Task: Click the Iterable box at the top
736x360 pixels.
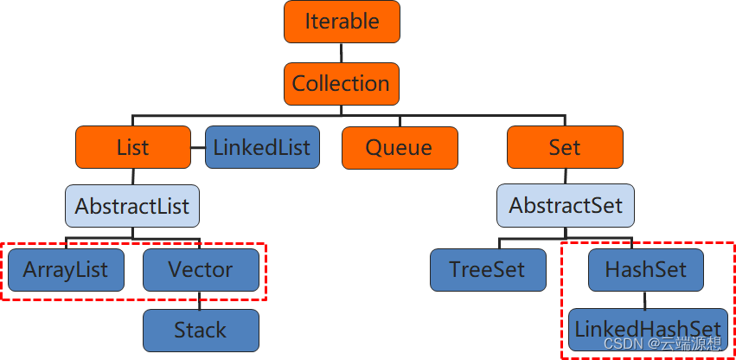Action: (x=342, y=22)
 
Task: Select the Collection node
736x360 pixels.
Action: (x=341, y=84)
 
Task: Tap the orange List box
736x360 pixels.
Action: (x=132, y=147)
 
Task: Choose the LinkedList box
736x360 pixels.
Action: (x=263, y=146)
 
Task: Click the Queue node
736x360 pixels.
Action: (x=399, y=147)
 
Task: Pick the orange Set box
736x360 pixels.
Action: (x=564, y=147)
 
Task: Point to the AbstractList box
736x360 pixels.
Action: (x=132, y=207)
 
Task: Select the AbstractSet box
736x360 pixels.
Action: (x=566, y=207)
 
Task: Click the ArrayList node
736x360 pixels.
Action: (x=66, y=269)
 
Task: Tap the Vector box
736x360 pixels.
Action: (x=201, y=269)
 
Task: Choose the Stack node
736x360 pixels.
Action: (x=201, y=330)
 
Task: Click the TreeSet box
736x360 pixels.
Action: (x=488, y=269)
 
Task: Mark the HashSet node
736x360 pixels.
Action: (x=645, y=269)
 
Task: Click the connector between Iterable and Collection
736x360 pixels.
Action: (x=342, y=53)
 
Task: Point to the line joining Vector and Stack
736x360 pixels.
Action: (x=201, y=300)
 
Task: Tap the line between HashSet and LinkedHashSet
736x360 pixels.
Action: (x=645, y=299)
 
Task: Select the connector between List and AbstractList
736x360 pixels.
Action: (x=132, y=177)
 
